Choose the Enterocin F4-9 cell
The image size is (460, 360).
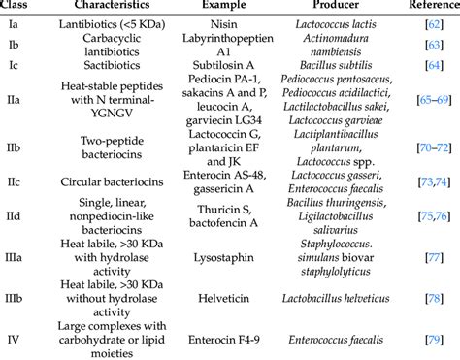point(213,338)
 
